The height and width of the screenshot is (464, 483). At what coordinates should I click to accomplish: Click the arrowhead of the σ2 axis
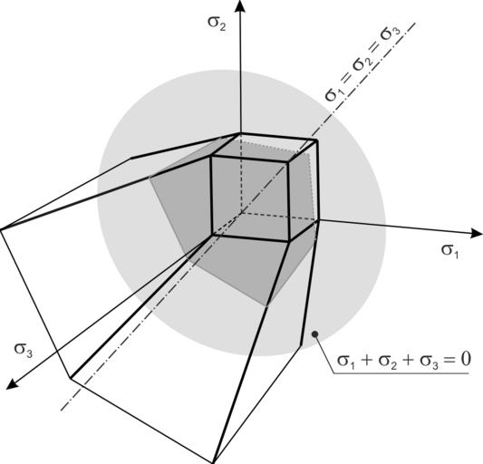click(x=240, y=6)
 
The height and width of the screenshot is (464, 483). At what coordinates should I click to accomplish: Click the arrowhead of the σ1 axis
click(x=477, y=233)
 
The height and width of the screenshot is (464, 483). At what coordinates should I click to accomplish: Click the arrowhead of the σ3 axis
click(x=11, y=384)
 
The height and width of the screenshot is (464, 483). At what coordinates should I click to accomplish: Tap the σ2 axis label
click(x=217, y=23)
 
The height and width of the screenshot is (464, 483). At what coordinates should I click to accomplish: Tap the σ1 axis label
click(x=450, y=251)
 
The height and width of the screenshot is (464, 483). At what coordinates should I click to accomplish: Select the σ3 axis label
click(x=23, y=351)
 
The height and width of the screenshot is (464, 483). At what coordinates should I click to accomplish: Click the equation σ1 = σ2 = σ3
click(x=363, y=64)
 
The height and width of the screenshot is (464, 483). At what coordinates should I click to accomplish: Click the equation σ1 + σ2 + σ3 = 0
click(x=404, y=360)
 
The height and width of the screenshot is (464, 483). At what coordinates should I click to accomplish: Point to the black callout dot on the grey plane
click(x=314, y=334)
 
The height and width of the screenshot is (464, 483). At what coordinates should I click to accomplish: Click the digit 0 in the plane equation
click(x=466, y=359)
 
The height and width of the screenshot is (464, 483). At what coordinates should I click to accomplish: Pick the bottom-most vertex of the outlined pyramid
click(x=213, y=463)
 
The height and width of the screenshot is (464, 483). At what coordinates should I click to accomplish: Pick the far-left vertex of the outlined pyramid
click(x=1, y=230)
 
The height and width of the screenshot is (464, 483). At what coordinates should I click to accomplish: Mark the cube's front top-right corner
click(x=288, y=160)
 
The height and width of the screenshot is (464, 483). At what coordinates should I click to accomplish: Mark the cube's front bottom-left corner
click(x=213, y=235)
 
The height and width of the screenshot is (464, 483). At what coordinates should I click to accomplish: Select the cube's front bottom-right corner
click(x=289, y=241)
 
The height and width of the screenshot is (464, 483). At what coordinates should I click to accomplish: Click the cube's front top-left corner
click(x=211, y=157)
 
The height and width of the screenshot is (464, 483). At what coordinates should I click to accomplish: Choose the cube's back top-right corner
click(x=317, y=140)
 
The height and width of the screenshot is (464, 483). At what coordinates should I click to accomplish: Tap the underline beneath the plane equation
click(x=401, y=374)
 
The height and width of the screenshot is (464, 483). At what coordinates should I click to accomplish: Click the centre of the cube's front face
click(x=250, y=198)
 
